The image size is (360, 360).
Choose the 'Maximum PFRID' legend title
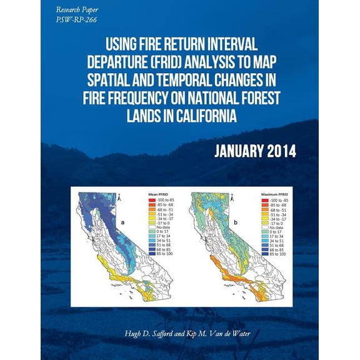pyautogui.click(x=274, y=194)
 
